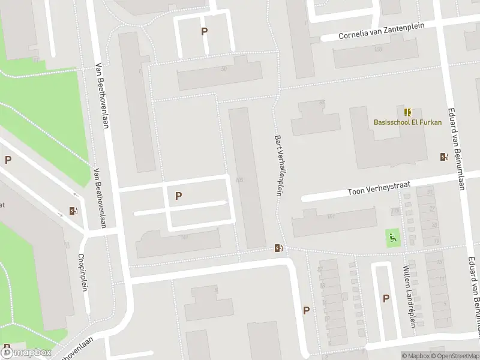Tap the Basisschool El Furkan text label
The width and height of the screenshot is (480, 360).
pyautogui.click(x=407, y=122)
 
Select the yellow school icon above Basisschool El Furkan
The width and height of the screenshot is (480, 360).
pyautogui.click(x=407, y=112)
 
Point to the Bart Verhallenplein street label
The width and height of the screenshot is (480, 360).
pyautogui.click(x=278, y=165)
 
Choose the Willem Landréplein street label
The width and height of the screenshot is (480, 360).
pyautogui.click(x=409, y=295)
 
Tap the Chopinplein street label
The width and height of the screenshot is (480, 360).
pyautogui.click(x=83, y=272)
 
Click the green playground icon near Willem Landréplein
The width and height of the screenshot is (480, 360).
pyautogui.click(x=393, y=237)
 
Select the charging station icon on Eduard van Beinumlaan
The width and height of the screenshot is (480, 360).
pyautogui.click(x=443, y=157)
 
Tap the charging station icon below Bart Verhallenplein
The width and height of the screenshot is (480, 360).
pyautogui.click(x=278, y=247)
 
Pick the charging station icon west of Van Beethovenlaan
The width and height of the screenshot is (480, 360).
pyautogui.click(x=73, y=211)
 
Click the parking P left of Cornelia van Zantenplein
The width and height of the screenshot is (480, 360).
pyautogui.click(x=205, y=32)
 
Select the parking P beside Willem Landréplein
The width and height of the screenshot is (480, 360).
pyautogui.click(x=386, y=298)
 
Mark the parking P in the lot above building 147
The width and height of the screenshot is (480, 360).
pyautogui.click(x=178, y=196)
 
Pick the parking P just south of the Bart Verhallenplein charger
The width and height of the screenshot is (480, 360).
pyautogui.click(x=306, y=310)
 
